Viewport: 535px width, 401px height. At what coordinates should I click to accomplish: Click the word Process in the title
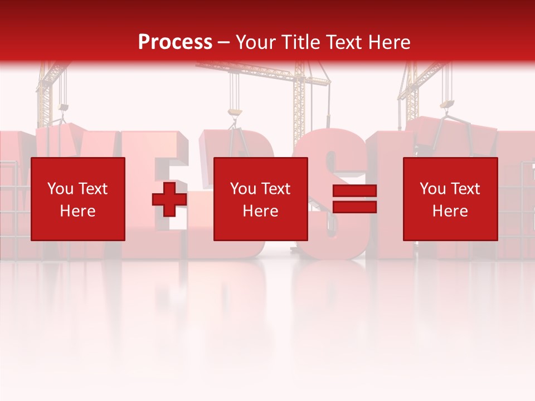pos(175,42)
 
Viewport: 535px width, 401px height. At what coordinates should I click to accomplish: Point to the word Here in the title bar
pos(388,42)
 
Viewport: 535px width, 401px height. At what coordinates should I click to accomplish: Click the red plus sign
pos(169,199)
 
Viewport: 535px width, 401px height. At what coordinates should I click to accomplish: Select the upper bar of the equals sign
pos(354,191)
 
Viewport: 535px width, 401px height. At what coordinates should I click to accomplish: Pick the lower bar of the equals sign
pos(354,207)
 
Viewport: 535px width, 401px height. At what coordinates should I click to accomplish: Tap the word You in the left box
pos(60,189)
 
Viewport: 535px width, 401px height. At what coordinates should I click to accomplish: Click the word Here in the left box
pos(77,211)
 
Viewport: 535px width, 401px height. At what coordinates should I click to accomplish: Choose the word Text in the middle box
pos(275,189)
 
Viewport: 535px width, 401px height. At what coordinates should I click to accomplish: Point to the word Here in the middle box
pos(260,211)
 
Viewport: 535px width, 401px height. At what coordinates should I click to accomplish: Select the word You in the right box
pos(432,189)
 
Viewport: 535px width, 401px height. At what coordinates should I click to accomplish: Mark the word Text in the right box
pos(465,189)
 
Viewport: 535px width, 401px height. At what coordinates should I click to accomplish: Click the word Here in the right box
pos(450,211)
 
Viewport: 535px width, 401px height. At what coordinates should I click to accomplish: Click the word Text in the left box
pos(93,189)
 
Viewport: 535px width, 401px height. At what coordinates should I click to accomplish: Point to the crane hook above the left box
pos(64,107)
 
